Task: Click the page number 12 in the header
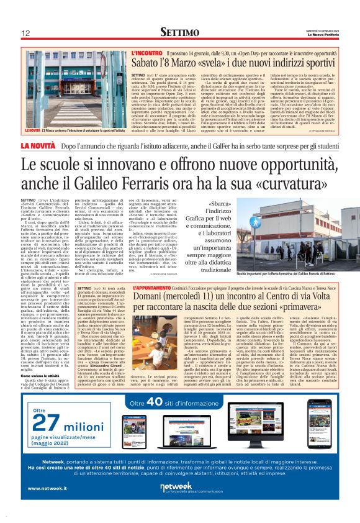click(26, 32)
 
